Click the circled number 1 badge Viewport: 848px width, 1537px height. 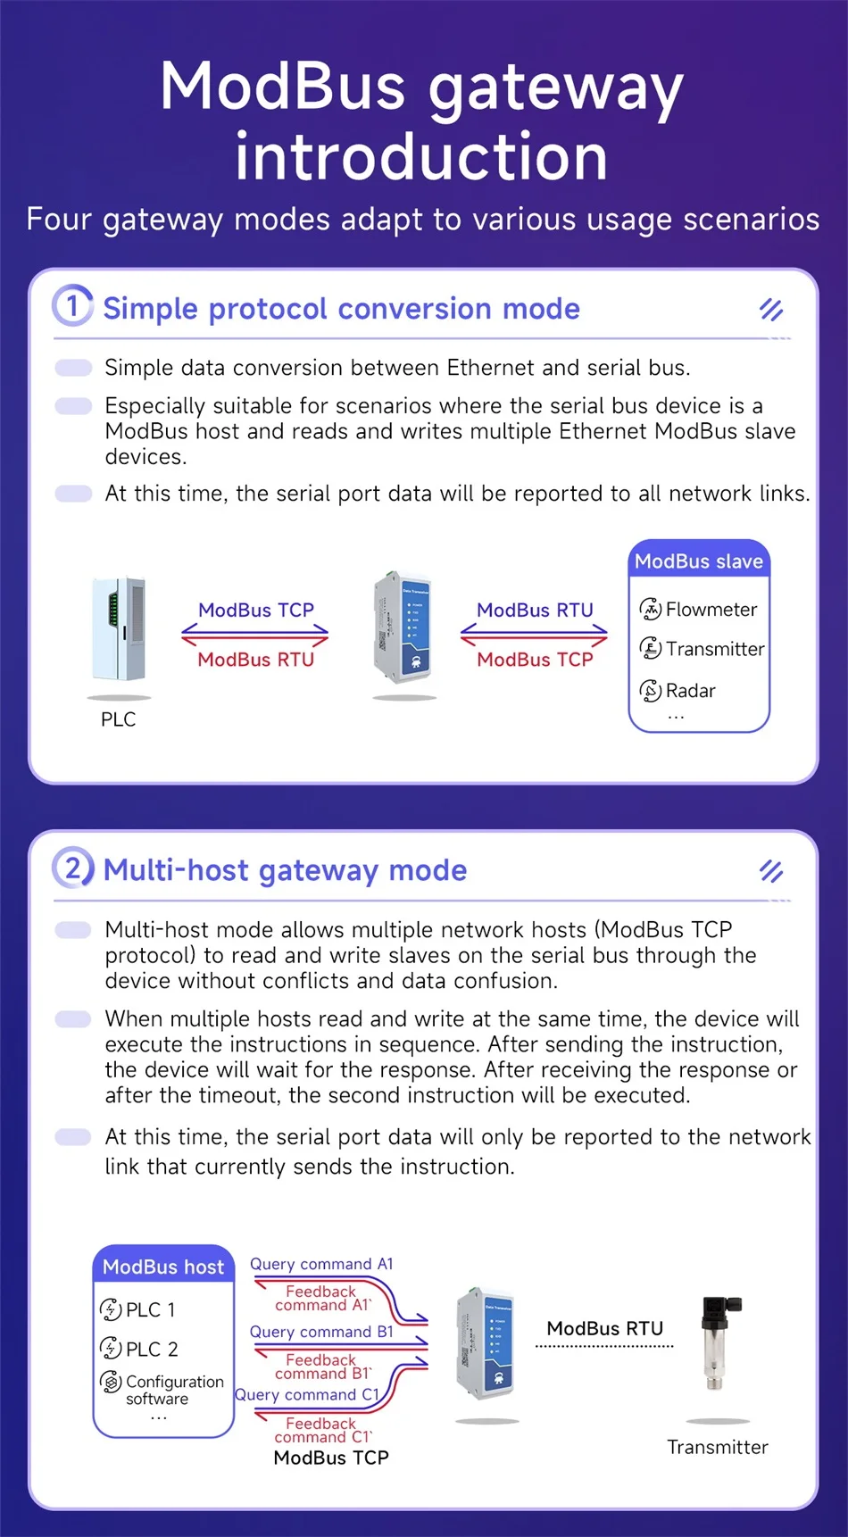pyautogui.click(x=72, y=306)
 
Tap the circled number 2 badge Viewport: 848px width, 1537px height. pyautogui.click(x=72, y=868)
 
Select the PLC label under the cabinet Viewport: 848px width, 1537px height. pyautogui.click(x=119, y=719)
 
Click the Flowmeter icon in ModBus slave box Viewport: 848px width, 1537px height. pyautogui.click(x=650, y=610)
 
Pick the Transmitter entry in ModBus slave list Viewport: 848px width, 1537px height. pyautogui.click(x=714, y=649)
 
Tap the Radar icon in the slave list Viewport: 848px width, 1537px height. pyautogui.click(x=650, y=691)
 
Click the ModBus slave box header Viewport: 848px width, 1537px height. pyautogui.click(x=699, y=561)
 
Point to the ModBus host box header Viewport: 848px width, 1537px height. pyautogui.click(x=163, y=1267)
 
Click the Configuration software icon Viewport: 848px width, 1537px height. pyautogui.click(x=111, y=1383)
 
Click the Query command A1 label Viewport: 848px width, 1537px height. pyautogui.click(x=321, y=1264)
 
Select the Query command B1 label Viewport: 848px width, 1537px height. pyautogui.click(x=321, y=1332)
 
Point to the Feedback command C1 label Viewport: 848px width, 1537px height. pyautogui.click(x=321, y=1430)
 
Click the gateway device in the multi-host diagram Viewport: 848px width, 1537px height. pyautogui.click(x=486, y=1343)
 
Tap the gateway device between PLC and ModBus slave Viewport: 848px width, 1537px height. pyautogui.click(x=403, y=625)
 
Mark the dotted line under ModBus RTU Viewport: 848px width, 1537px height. pyautogui.click(x=604, y=1346)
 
